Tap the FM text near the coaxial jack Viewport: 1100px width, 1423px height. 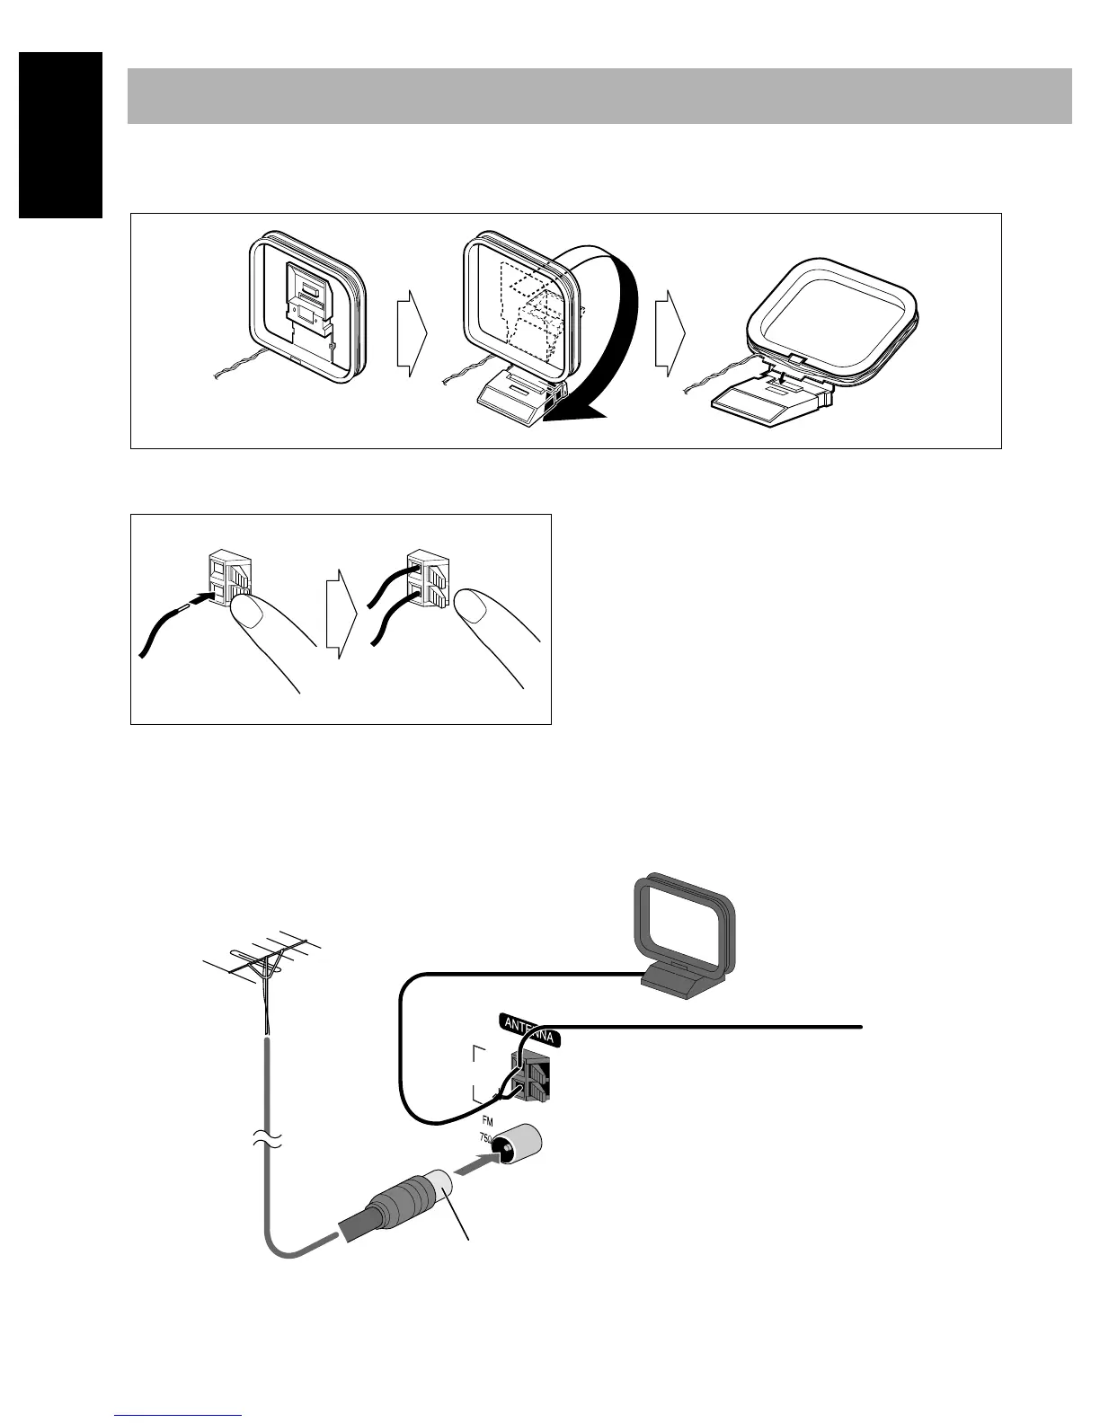[x=486, y=1122]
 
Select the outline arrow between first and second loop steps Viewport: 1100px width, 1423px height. [x=410, y=332]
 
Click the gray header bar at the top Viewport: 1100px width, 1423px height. [x=599, y=95]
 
